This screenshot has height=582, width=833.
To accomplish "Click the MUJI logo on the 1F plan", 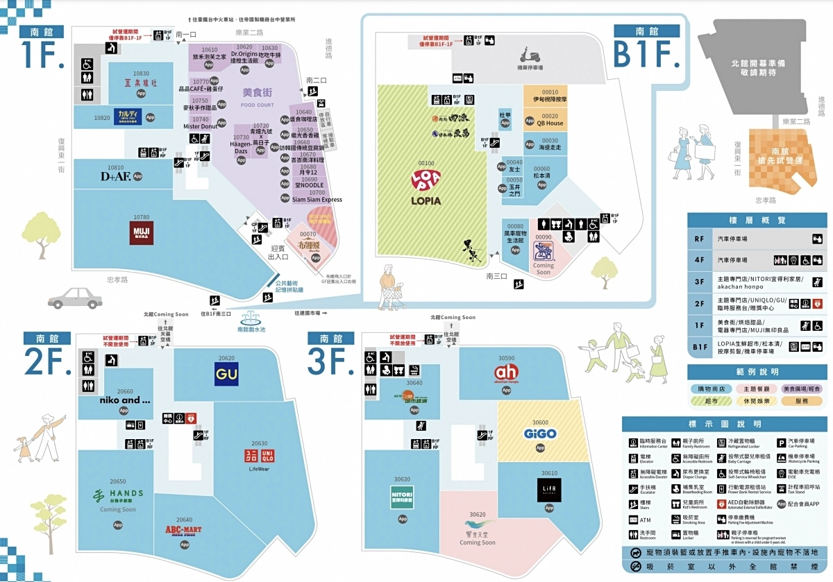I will (141, 231).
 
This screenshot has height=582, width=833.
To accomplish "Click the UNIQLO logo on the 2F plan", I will (258, 456).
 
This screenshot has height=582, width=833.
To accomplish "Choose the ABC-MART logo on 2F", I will (183, 531).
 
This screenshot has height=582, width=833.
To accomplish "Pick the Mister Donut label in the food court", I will (200, 126).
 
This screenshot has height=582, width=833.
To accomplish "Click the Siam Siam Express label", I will (317, 200).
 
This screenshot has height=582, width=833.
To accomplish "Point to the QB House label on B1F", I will (550, 123).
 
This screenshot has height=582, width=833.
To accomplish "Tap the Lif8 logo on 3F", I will (546, 490).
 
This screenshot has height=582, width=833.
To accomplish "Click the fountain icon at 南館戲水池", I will (251, 320).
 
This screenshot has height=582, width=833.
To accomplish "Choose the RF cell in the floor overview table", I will (699, 239).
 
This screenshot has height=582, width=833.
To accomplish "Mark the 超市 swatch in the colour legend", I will (712, 401).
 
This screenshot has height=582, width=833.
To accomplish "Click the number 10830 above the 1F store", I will (141, 73).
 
